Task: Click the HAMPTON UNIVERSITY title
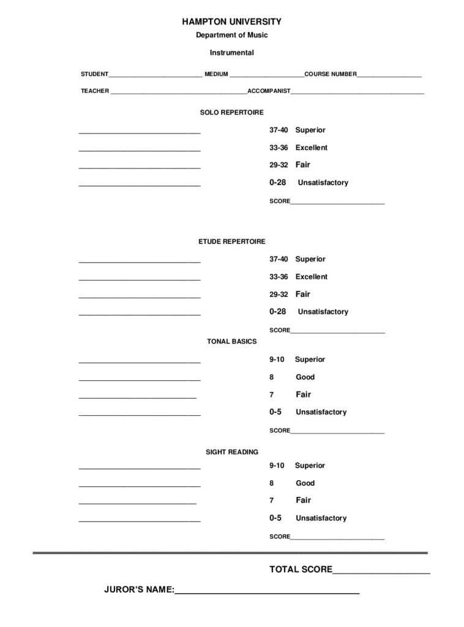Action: [231, 21]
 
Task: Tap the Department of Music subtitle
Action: [231, 36]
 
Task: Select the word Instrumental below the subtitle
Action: [231, 53]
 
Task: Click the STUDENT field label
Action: [94, 74]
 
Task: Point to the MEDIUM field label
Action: [216, 74]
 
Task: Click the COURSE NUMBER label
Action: [331, 74]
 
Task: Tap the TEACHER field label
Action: [95, 91]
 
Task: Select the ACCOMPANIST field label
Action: [269, 91]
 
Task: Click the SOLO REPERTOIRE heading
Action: [231, 113]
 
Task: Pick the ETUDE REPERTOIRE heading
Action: [231, 242]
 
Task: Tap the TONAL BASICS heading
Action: [231, 341]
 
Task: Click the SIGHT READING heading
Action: [231, 452]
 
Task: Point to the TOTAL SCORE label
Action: [301, 569]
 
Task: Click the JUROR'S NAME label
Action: [140, 590]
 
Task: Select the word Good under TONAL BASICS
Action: [305, 377]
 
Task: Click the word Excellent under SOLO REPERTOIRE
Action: [311, 148]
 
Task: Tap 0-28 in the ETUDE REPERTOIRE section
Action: [277, 311]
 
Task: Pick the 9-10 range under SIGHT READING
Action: [277, 465]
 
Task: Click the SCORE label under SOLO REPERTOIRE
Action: [280, 201]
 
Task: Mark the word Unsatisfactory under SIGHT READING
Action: [321, 518]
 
